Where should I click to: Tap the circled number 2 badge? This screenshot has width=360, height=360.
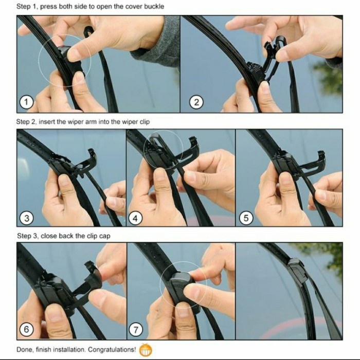(x=195, y=102)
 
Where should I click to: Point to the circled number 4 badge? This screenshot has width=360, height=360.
(x=136, y=218)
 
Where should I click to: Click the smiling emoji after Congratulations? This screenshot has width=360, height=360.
(x=146, y=350)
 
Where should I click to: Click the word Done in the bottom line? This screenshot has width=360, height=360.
(x=25, y=350)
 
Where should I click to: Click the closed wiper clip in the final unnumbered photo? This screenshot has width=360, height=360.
(x=297, y=270)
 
